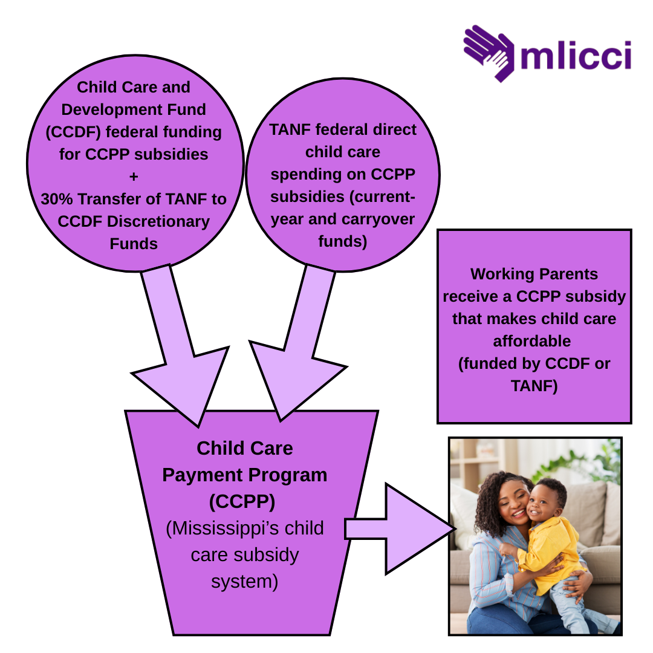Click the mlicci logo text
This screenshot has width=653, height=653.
tap(576, 55)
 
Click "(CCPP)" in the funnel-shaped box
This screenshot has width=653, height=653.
tap(244, 501)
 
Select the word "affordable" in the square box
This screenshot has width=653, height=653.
tap(531, 341)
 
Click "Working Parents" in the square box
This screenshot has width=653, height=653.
tap(534, 274)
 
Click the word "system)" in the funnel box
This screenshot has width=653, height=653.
tap(244, 581)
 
